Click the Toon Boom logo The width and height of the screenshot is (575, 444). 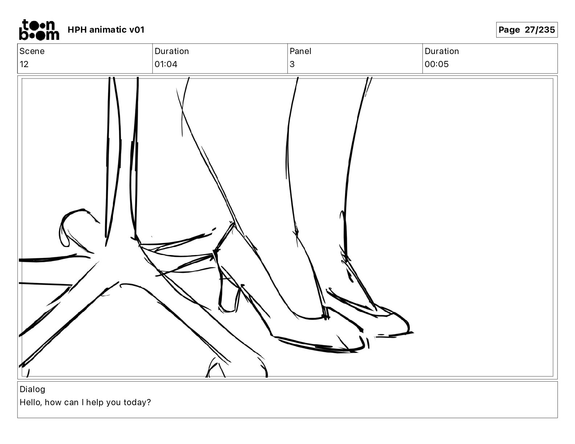tap(39, 30)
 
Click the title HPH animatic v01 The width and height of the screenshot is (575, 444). tap(106, 30)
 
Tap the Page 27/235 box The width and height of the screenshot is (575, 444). tap(527, 30)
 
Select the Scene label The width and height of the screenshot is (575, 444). tap(32, 51)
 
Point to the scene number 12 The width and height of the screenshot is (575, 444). tap(24, 64)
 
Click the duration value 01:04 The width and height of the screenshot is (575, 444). tap(166, 64)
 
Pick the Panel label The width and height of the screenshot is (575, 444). tap(300, 51)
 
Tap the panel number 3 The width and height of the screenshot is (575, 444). tap(292, 64)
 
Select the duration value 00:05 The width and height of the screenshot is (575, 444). tap(437, 64)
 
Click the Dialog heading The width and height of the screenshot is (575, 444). tap(32, 389)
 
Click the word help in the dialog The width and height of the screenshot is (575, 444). tap(95, 402)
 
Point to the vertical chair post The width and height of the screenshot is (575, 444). tap(121, 159)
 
